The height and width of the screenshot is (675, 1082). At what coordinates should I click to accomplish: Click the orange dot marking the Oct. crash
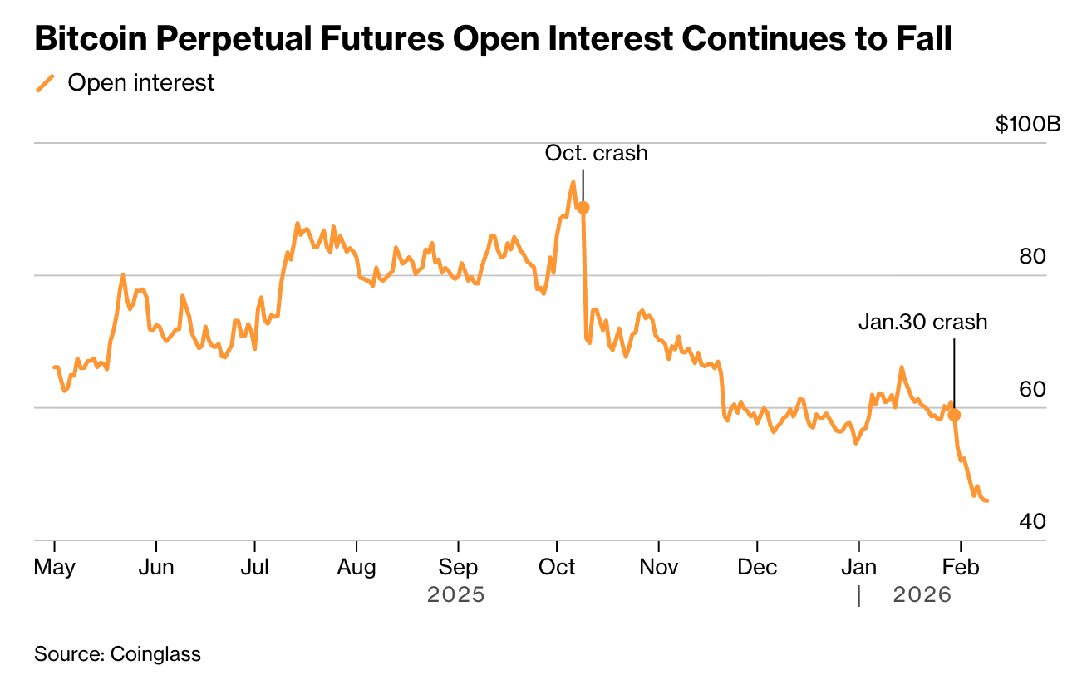583,208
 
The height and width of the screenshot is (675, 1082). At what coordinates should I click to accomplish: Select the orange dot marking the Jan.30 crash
954,415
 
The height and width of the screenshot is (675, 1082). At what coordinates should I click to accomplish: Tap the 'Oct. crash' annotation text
596,153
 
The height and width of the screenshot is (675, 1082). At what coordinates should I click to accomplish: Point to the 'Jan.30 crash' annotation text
922,322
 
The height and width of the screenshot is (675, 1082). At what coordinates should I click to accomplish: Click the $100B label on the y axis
1027,125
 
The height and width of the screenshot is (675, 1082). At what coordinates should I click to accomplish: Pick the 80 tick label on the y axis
1031,257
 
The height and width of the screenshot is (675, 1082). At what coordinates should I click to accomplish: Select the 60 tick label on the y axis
1031,389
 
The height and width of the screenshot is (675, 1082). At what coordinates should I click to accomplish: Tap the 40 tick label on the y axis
1031,521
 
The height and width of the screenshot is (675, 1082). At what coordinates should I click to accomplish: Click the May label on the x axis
54,567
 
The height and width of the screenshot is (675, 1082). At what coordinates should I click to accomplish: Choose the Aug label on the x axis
356,567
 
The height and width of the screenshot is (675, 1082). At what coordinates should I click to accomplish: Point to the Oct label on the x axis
557,567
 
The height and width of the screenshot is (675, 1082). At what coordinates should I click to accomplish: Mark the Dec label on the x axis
757,567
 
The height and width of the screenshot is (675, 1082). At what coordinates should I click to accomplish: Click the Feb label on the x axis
960,567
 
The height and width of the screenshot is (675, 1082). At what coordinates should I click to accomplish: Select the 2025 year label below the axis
455,595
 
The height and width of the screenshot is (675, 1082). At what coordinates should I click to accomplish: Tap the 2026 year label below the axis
922,595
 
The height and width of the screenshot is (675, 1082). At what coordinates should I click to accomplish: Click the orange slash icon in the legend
46,83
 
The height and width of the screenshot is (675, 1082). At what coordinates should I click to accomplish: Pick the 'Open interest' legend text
141,83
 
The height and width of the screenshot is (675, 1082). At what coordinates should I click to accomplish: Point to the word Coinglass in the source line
156,654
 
